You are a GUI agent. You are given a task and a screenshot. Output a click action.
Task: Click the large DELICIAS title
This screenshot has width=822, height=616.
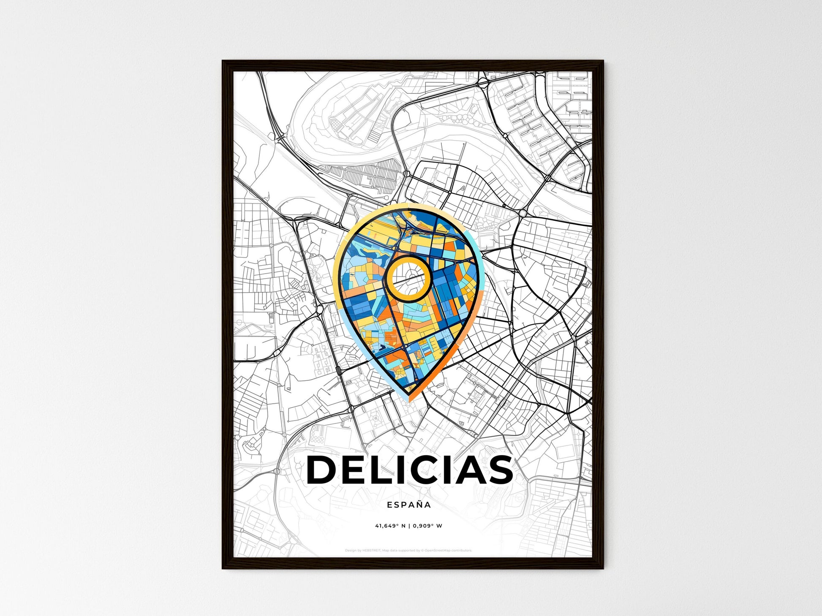click(x=410, y=470)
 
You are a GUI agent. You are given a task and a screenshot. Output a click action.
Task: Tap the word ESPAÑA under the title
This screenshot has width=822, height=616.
click(x=409, y=505)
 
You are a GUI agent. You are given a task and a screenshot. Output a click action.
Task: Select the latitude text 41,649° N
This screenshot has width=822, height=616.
click(x=390, y=526)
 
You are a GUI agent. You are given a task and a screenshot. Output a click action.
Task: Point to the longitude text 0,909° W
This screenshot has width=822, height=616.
click(x=427, y=526)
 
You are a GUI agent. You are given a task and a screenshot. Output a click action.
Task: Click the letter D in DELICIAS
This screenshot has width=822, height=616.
click(x=324, y=470)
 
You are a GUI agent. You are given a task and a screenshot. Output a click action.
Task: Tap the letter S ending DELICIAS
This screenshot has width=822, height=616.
click(x=499, y=470)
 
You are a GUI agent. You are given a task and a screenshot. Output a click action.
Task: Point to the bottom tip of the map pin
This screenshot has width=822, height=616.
click(x=409, y=399)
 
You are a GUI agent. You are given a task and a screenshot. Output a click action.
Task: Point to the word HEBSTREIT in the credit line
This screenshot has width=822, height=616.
click(x=371, y=551)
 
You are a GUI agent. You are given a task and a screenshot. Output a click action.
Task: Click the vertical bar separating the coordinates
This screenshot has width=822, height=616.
click(x=409, y=526)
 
